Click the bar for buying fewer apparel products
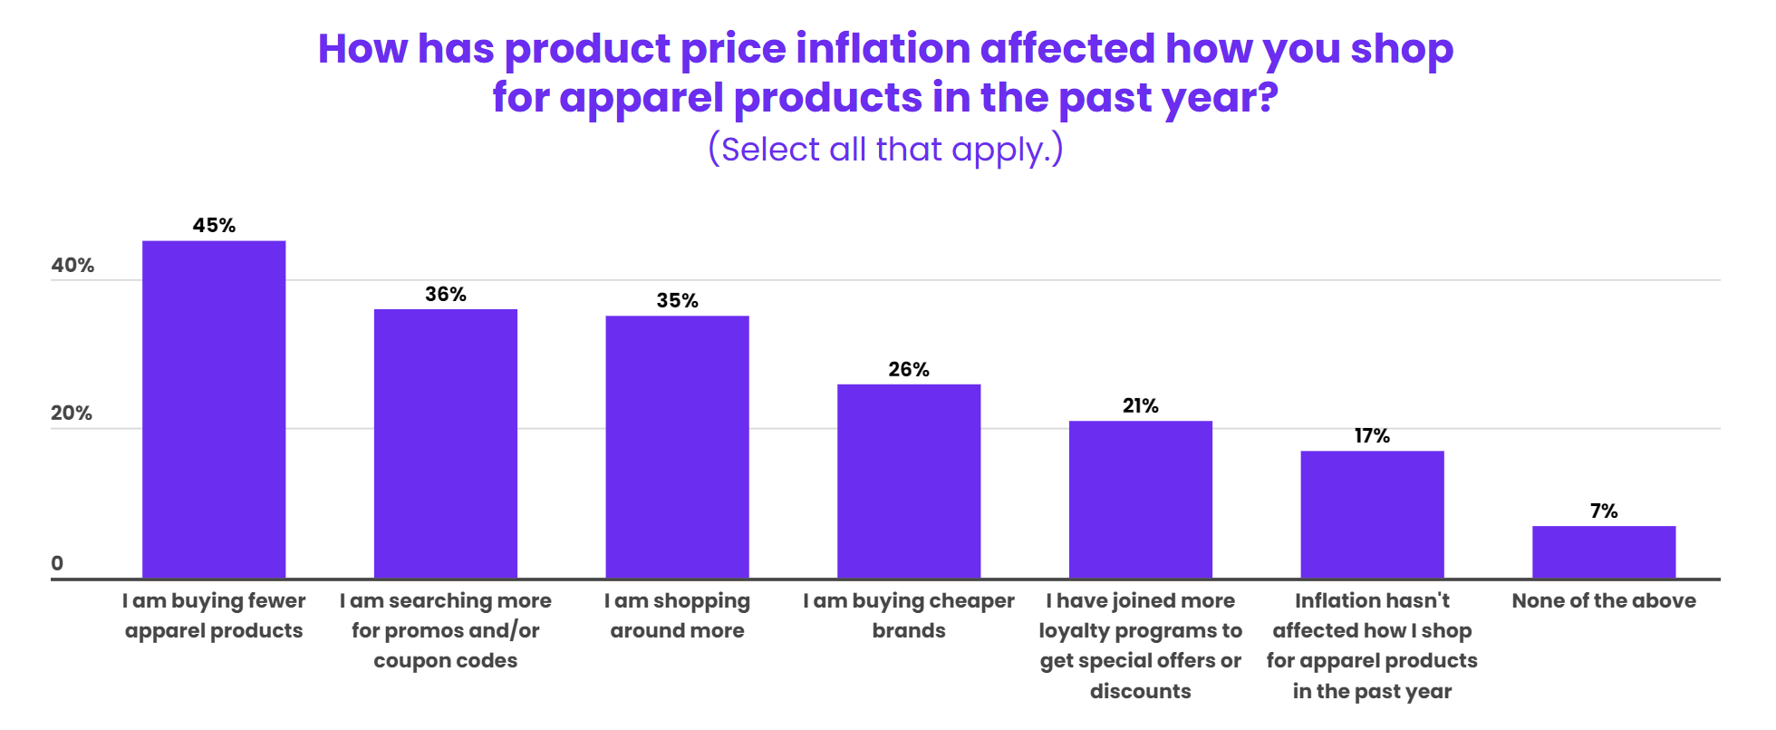(214, 409)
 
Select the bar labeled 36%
(446, 443)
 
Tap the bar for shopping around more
(677, 447)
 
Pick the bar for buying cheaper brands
(909, 481)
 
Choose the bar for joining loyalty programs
(1140, 500)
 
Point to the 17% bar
(1372, 514)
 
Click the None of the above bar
(1604, 551)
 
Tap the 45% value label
(214, 226)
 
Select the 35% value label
(677, 301)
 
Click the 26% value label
(909, 370)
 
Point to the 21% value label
(1140, 406)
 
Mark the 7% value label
(1604, 511)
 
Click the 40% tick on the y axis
(72, 266)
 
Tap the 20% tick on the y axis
(72, 414)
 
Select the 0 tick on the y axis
(57, 563)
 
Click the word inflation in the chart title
(883, 49)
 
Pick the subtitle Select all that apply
(885, 150)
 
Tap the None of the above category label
(1604, 601)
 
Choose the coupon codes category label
(446, 661)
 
